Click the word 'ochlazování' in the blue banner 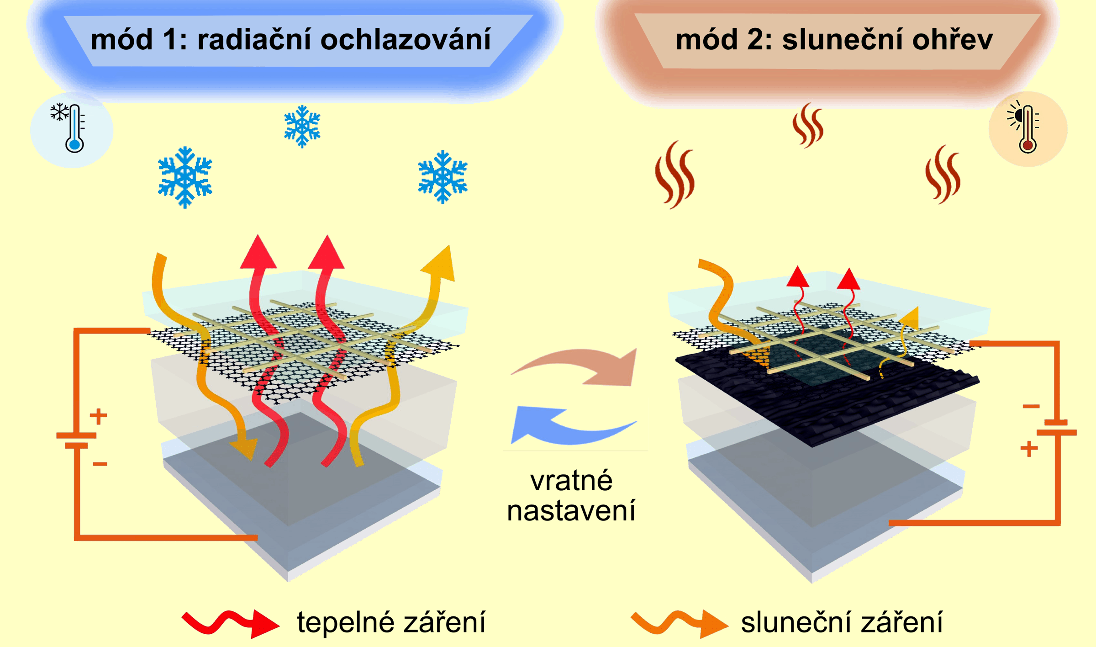tap(406, 40)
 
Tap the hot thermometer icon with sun tap(1027, 128)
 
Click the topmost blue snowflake tap(302, 127)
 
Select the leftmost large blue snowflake tap(185, 177)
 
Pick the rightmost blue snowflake tap(443, 177)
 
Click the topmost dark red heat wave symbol tap(808, 126)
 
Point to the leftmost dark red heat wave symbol tap(675, 175)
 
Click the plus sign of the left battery tap(98, 416)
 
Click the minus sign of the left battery tap(100, 464)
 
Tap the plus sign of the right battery tap(1029, 449)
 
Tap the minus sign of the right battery tap(1031, 406)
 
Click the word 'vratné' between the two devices tap(571, 481)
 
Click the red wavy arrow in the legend tap(230, 623)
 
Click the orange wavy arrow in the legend tap(679, 623)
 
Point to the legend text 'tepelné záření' tap(391, 622)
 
